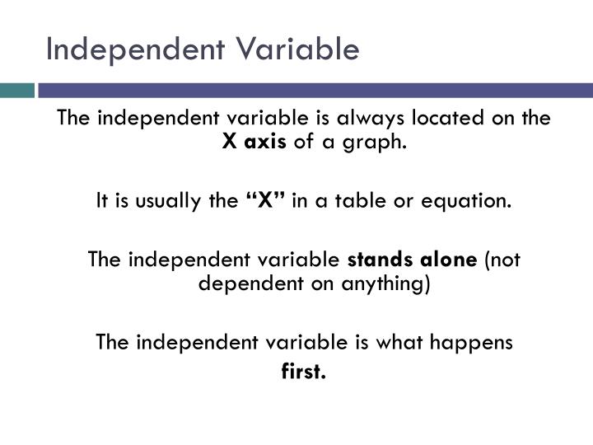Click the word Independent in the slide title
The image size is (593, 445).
(x=120, y=49)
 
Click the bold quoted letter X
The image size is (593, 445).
(x=266, y=200)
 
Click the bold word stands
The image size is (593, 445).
(x=382, y=260)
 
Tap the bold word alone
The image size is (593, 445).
(x=449, y=260)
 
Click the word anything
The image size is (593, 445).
(x=390, y=284)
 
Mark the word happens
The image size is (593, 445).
(x=478, y=342)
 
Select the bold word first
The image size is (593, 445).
(x=304, y=372)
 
